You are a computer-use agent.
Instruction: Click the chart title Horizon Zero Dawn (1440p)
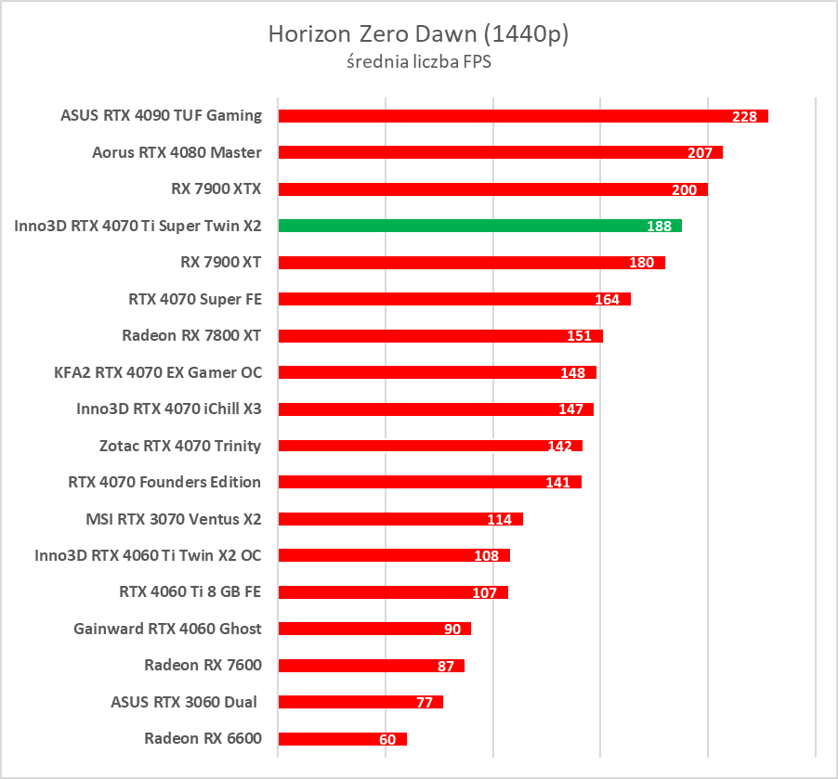point(418,34)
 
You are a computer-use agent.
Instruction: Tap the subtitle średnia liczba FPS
point(418,63)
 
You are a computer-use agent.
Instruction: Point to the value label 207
point(700,153)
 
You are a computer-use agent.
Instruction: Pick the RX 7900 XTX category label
point(216,188)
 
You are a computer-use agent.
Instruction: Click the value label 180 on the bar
point(642,263)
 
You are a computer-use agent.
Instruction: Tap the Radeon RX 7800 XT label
point(191,335)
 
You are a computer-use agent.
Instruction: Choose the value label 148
point(573,372)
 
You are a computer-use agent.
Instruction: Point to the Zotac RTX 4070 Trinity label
point(180,446)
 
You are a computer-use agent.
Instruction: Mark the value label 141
point(558,482)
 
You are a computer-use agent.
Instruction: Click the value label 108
point(487,555)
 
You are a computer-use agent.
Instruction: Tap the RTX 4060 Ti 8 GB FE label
point(190,591)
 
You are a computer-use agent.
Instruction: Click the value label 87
point(446,666)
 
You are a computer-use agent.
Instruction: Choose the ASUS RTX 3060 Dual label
point(185,701)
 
